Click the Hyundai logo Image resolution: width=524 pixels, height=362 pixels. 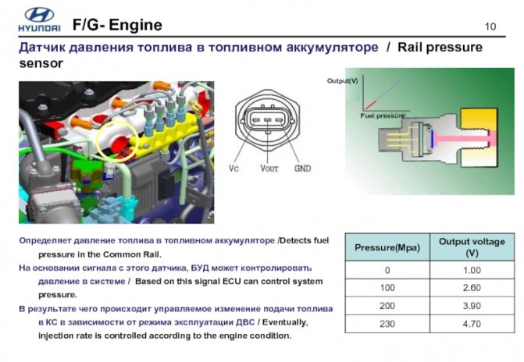[39, 20]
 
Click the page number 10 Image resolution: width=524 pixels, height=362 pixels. [490, 27]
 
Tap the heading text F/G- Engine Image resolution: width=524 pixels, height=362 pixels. [117, 25]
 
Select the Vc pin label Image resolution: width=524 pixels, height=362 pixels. [233, 169]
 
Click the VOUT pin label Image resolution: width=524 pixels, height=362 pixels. [269, 169]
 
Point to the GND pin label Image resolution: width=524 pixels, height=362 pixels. [302, 169]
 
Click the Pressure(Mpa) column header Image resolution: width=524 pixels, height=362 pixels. [387, 247]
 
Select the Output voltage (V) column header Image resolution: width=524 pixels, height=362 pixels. [472, 247]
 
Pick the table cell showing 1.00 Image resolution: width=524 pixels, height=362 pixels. [472, 270]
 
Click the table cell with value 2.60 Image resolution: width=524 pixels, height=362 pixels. [472, 288]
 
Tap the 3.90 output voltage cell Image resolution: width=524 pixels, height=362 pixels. [472, 306]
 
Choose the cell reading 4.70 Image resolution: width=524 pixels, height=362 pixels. [472, 324]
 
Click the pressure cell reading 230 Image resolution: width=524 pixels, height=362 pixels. [387, 324]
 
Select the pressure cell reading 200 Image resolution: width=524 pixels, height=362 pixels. [387, 306]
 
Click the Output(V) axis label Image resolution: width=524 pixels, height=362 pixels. [343, 81]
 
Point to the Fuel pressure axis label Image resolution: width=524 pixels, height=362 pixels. [383, 115]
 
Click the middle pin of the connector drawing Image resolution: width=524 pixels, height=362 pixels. [267, 120]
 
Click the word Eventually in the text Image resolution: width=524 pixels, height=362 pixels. [284, 322]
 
